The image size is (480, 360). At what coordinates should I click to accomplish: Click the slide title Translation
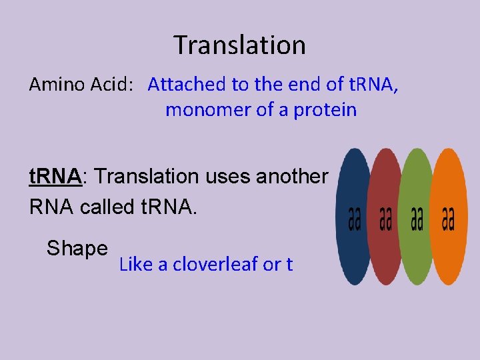240,45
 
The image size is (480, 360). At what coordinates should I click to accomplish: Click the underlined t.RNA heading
55,177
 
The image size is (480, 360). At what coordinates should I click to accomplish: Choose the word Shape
77,249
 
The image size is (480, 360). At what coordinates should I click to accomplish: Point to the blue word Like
135,265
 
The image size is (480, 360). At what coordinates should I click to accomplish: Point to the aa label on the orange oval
448,218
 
